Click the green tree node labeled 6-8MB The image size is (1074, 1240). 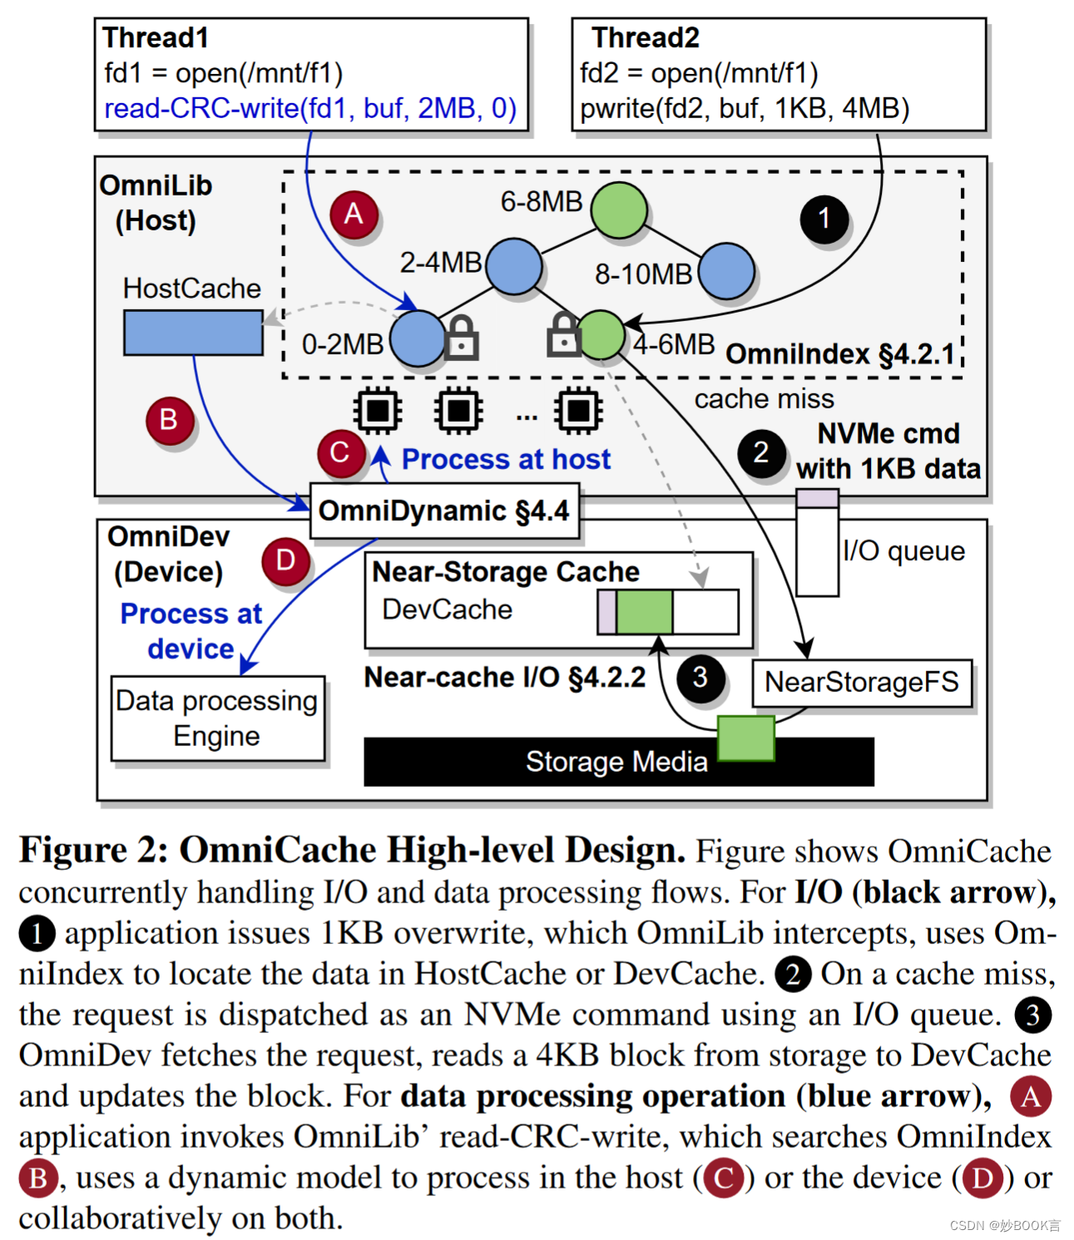pyautogui.click(x=619, y=210)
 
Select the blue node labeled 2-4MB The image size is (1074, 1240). pyautogui.click(x=514, y=267)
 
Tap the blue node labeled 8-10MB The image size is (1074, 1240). pyautogui.click(x=726, y=271)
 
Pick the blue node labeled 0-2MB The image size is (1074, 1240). pyautogui.click(x=418, y=339)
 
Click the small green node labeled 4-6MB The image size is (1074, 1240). pyautogui.click(x=601, y=334)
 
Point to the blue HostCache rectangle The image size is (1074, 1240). pyautogui.click(x=193, y=333)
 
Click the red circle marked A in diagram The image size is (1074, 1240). pyautogui.click(x=354, y=215)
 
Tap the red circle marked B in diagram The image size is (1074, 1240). pyautogui.click(x=169, y=420)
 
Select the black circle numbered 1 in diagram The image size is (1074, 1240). pyautogui.click(x=824, y=219)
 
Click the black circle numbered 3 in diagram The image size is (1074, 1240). pyautogui.click(x=700, y=678)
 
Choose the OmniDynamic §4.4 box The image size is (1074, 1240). pyautogui.click(x=444, y=511)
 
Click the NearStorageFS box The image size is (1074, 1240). pyautogui.click(x=862, y=683)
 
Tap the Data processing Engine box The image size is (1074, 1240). pyautogui.click(x=217, y=719)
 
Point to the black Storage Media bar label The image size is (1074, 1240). pyautogui.click(x=616, y=762)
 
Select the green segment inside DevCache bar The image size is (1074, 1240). pyautogui.click(x=644, y=612)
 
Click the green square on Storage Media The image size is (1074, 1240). pyautogui.click(x=745, y=738)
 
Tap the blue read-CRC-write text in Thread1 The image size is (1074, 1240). pyautogui.click(x=310, y=108)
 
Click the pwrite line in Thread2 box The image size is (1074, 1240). pyautogui.click(x=745, y=108)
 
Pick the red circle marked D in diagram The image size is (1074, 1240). pyautogui.click(x=285, y=561)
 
